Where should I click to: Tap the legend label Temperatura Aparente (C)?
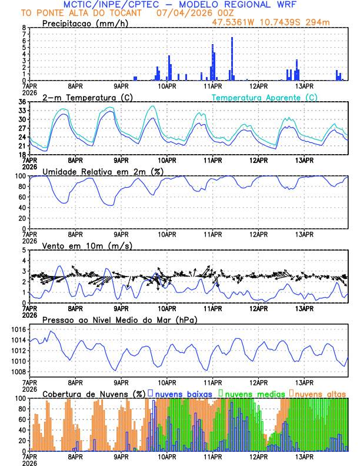265,97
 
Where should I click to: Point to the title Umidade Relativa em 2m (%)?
103,171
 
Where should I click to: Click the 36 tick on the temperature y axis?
22,102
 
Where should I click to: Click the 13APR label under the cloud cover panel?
304,457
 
